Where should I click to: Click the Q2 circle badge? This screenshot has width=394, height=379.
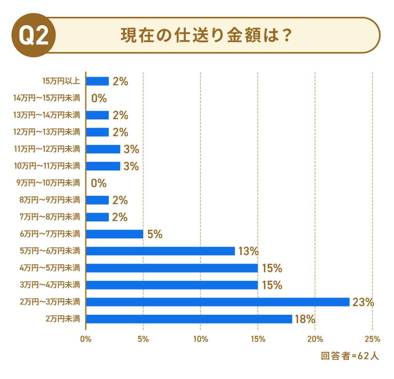pos(34,35)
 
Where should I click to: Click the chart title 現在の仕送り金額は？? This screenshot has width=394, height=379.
pos(206,35)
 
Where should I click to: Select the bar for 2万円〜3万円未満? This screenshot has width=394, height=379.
pos(218,302)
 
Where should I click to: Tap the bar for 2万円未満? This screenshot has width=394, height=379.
pos(189,319)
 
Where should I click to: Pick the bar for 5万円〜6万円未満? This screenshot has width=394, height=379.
pos(160,251)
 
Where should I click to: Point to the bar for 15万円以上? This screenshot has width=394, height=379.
pos(97,81)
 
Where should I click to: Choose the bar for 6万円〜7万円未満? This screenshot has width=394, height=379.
pos(115,234)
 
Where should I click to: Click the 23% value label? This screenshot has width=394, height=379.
pos(363,302)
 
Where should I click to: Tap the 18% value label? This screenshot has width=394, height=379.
pos(305,319)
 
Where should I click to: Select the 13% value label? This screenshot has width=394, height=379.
pos(248,251)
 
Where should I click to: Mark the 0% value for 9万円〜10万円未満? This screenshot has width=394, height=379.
pos(99,183)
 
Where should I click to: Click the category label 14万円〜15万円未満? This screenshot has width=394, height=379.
pos(47,98)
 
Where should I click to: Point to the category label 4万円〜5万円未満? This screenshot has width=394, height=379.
pos(50,268)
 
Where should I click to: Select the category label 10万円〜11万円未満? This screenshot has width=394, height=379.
pos(47,166)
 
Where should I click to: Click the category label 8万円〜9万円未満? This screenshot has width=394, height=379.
pos(50,200)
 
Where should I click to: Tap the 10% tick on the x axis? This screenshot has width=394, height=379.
pos(200,339)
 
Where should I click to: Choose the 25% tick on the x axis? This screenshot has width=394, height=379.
pos(372,339)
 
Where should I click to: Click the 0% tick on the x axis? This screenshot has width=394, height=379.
pos(86,339)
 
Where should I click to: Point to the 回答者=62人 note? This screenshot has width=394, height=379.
pos(350,356)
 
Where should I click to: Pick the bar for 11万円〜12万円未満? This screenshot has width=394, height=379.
pos(103,149)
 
